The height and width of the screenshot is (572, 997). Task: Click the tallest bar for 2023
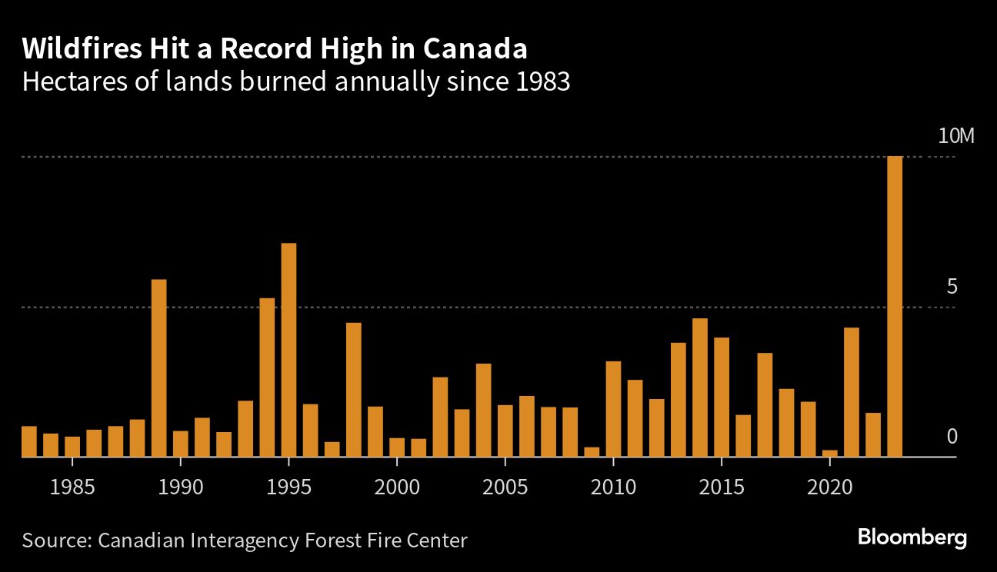(895, 307)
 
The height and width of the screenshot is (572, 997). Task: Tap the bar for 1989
(158, 368)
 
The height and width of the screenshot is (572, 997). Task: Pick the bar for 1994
(267, 377)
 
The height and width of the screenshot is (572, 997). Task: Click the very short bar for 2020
(829, 454)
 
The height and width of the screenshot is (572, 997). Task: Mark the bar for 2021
(852, 392)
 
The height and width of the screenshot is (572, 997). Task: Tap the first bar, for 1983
(28, 441)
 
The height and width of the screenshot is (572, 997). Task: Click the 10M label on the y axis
(956, 137)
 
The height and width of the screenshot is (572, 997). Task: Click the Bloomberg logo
(912, 537)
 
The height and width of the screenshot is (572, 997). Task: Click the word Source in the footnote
(55, 540)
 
